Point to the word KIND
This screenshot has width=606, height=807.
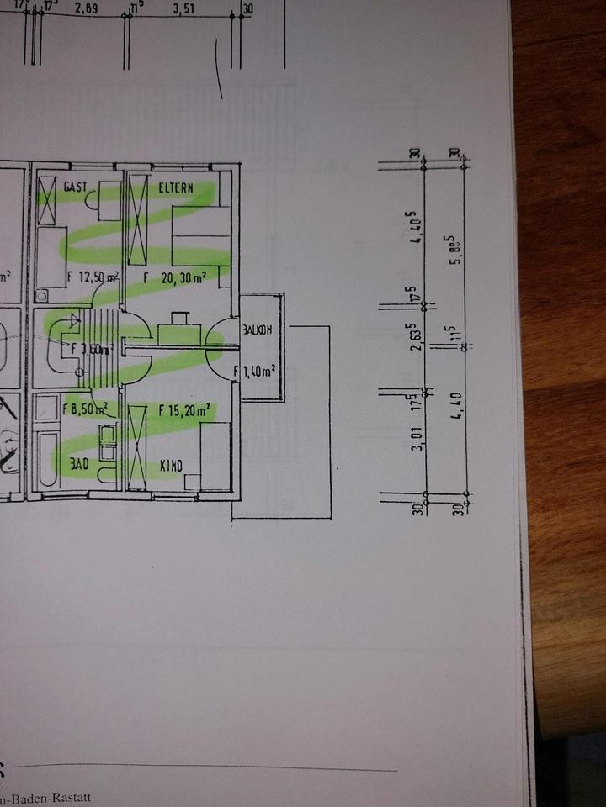[172, 466]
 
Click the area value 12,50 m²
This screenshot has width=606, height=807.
[96, 277]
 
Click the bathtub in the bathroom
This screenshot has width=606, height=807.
[47, 461]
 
